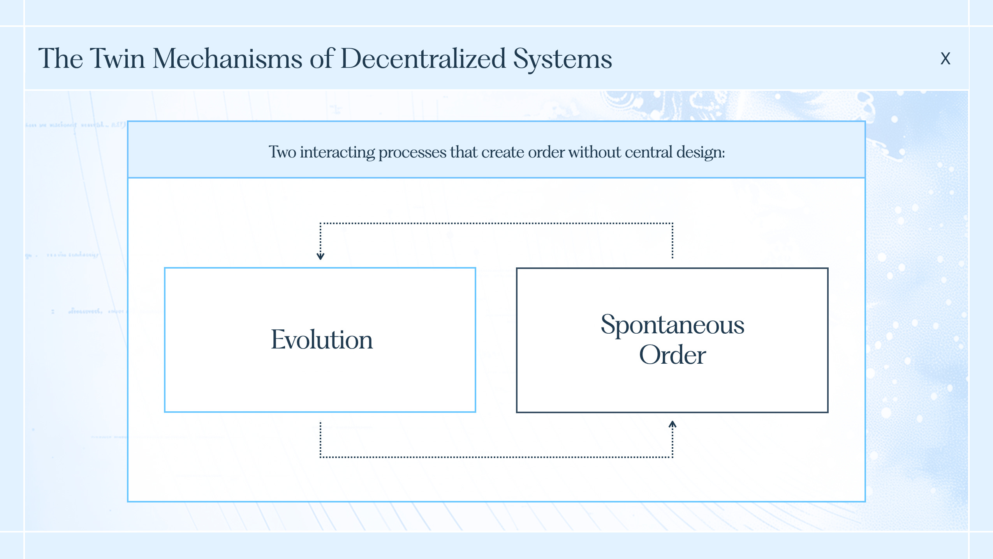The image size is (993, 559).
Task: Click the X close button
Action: click(945, 58)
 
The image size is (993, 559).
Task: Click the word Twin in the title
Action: click(118, 58)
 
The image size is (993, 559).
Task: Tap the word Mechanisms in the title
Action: click(227, 58)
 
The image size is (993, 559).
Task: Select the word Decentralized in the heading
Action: click(423, 58)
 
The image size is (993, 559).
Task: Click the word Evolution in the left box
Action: click(322, 340)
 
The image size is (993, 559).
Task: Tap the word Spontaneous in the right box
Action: click(672, 325)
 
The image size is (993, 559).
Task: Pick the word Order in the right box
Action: click(672, 355)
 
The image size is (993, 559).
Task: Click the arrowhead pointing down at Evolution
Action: click(320, 256)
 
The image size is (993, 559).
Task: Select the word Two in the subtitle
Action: click(282, 152)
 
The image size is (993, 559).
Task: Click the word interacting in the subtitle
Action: click(337, 152)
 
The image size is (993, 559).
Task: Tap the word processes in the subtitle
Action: click(412, 152)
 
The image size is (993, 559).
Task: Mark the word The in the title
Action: click(61, 58)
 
